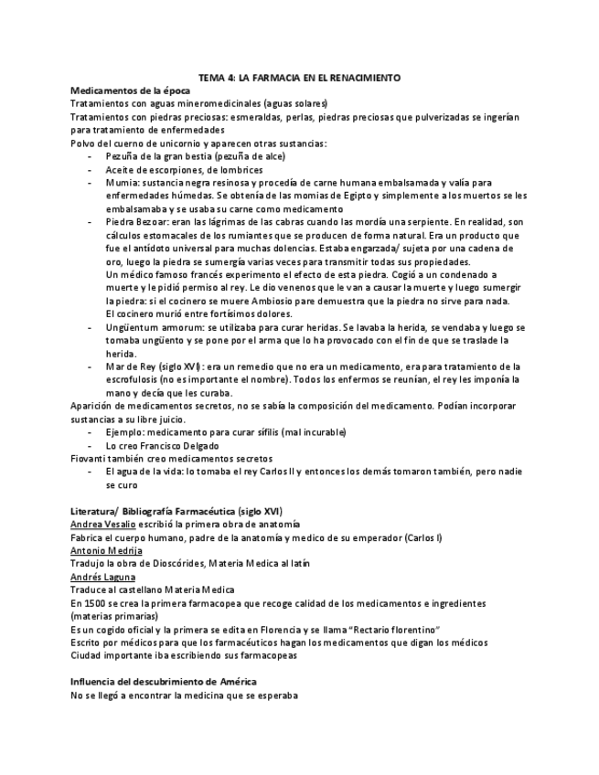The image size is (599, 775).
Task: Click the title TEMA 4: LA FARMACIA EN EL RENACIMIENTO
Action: [299, 79]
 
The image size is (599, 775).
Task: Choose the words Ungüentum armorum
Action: [148, 327]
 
